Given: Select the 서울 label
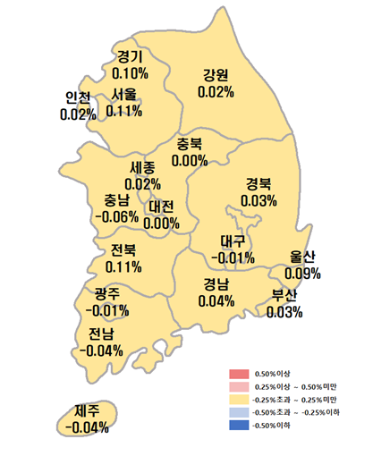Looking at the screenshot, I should pos(123,94).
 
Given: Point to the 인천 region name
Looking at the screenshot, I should pos(78,97).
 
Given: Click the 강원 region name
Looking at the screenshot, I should pos(216,74).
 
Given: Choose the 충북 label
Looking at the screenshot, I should pos(190,144).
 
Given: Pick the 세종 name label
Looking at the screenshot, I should pos(143,168).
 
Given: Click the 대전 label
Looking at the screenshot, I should pos(162,207).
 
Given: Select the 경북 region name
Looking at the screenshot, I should pos(259,184).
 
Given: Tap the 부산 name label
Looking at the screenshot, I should pos(284,296).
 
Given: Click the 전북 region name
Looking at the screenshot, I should pos(123,249).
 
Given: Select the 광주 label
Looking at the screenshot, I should pos(107,293).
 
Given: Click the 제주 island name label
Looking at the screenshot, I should pos(87,411).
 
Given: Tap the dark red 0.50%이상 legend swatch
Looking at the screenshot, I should pos(237,373).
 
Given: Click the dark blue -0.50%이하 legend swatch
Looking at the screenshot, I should pos(237,425).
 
